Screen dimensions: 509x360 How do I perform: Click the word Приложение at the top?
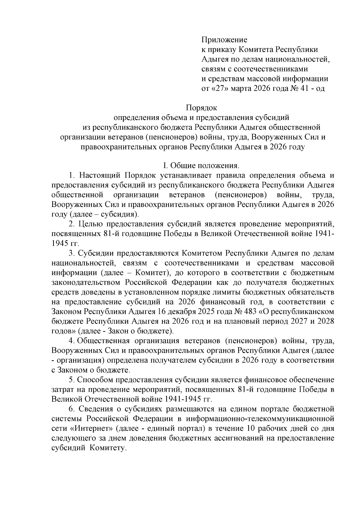click(224, 40)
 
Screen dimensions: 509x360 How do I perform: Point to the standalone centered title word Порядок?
click(201, 107)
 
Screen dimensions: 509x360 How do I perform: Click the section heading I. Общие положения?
click(201, 166)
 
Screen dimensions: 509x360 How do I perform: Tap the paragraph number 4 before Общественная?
click(71, 341)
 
